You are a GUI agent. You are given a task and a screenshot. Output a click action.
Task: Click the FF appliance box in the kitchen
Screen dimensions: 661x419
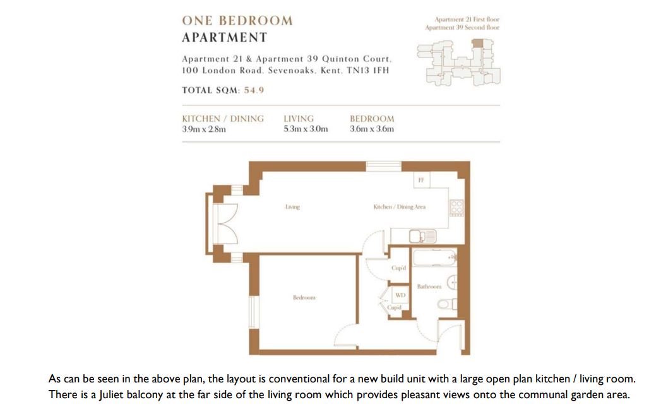421,180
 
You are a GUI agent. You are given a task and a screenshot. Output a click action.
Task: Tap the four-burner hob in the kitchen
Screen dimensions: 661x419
456,208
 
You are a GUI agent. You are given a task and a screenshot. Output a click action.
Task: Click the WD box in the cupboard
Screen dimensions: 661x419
400,295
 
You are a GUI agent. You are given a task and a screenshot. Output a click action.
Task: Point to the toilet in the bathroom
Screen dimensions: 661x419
447,304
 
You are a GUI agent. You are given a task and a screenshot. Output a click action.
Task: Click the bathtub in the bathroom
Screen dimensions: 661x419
434,257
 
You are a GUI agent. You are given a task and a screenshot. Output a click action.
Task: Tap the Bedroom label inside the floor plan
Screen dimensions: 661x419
304,298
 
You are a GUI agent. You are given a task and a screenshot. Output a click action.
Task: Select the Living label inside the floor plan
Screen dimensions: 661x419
292,207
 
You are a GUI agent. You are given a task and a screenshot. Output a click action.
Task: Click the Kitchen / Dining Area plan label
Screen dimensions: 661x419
399,207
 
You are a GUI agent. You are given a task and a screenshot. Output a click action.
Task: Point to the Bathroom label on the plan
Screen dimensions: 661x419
429,286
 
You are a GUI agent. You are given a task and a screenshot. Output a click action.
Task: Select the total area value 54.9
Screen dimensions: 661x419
254,90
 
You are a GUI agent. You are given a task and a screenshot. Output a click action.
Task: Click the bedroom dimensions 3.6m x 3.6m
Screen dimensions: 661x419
372,129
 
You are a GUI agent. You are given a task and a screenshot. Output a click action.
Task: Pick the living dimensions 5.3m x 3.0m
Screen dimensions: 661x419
306,129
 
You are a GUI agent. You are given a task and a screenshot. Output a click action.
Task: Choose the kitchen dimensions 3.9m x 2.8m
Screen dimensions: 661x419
204,129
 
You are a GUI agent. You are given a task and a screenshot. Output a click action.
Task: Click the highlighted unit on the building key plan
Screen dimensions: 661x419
477,43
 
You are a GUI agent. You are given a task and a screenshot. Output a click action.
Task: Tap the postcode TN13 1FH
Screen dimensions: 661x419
367,71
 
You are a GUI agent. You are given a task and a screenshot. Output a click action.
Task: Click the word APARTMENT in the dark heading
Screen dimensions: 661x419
225,37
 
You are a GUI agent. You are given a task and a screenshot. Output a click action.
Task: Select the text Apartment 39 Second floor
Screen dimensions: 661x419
462,27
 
